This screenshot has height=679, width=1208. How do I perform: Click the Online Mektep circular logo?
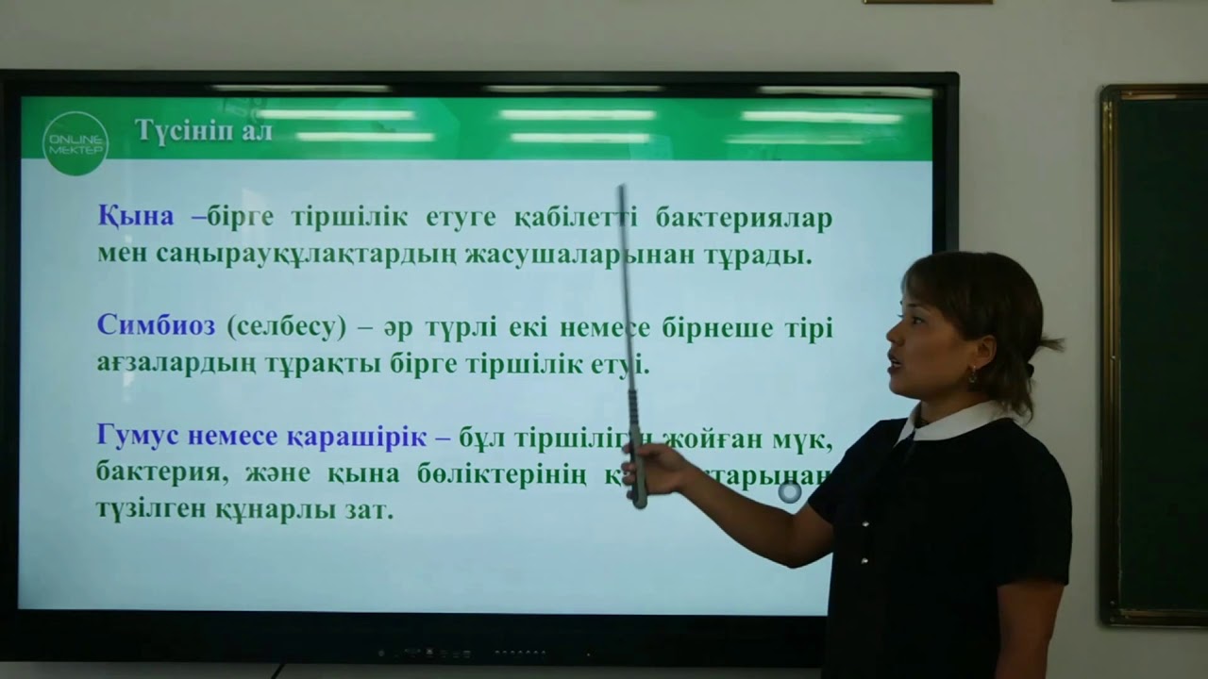(75, 142)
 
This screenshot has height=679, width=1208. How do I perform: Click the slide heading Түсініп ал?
(204, 131)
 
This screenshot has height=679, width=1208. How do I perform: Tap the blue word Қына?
(136, 217)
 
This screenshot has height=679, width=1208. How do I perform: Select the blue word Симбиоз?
(157, 326)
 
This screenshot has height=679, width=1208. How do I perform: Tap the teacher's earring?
(971, 374)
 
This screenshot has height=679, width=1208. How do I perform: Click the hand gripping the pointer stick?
(661, 469)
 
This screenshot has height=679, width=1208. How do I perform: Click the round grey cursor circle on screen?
(790, 491)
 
